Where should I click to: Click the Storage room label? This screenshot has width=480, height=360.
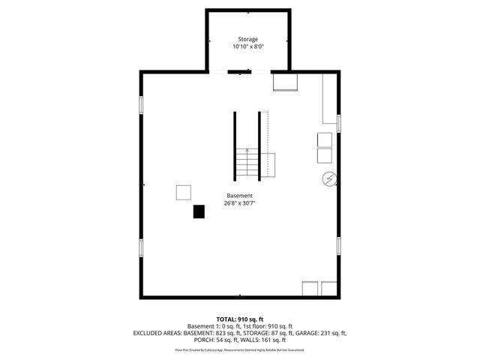247,39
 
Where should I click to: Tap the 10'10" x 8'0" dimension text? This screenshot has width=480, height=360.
247,47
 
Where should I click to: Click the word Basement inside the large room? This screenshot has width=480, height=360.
240,195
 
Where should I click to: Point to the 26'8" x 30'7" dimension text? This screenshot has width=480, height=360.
240,202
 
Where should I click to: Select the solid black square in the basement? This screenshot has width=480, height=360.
199,211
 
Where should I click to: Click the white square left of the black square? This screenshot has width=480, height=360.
184,192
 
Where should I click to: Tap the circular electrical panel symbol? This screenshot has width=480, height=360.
328,179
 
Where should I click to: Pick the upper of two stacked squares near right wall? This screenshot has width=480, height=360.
325,140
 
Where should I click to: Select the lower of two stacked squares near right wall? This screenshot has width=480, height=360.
325,156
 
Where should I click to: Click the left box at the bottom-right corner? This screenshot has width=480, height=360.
310,289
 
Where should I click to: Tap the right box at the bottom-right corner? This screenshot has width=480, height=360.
329,289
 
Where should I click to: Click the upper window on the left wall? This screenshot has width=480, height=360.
141,106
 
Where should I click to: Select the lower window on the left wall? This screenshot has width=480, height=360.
141,248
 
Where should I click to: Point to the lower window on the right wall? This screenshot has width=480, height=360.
339,245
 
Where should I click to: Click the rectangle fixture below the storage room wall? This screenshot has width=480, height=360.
284,81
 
